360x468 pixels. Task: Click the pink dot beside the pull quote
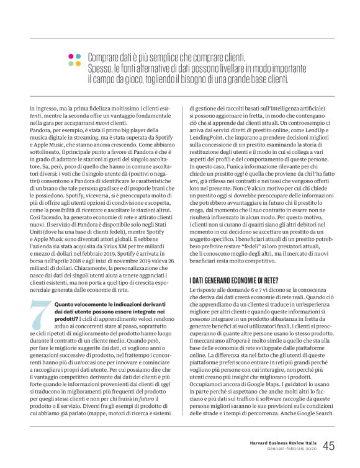click(70, 56)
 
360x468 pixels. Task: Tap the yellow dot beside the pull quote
click(70, 63)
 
